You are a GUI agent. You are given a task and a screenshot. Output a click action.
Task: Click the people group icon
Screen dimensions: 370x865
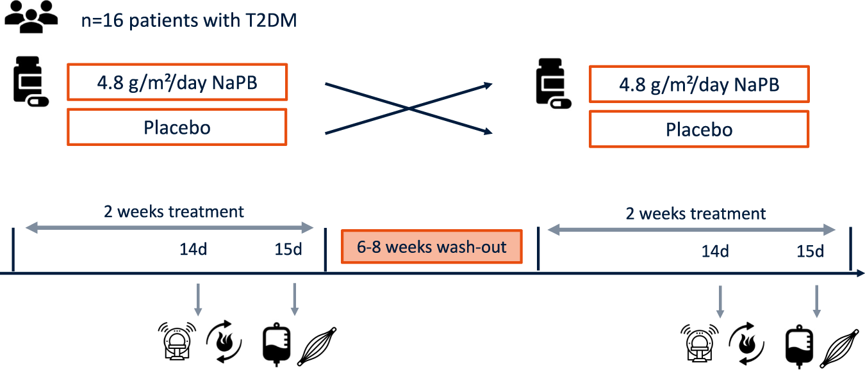tap(31, 18)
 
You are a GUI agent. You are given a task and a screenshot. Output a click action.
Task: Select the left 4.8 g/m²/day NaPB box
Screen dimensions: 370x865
tap(176, 82)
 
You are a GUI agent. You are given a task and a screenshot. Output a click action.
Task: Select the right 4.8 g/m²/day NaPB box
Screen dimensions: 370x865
tap(698, 84)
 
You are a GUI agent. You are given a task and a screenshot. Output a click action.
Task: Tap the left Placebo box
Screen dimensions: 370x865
tap(176, 127)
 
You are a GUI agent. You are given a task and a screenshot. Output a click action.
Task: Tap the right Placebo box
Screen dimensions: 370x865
tap(698, 129)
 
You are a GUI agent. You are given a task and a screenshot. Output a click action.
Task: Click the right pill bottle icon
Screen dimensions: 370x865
tap(552, 81)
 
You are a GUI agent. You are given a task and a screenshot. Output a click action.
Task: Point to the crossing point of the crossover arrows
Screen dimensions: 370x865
tap(409, 108)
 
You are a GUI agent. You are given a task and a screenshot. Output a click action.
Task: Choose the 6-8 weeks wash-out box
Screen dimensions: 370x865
tap(432, 246)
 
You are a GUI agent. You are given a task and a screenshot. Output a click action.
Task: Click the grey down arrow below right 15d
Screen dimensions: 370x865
tap(816, 301)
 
